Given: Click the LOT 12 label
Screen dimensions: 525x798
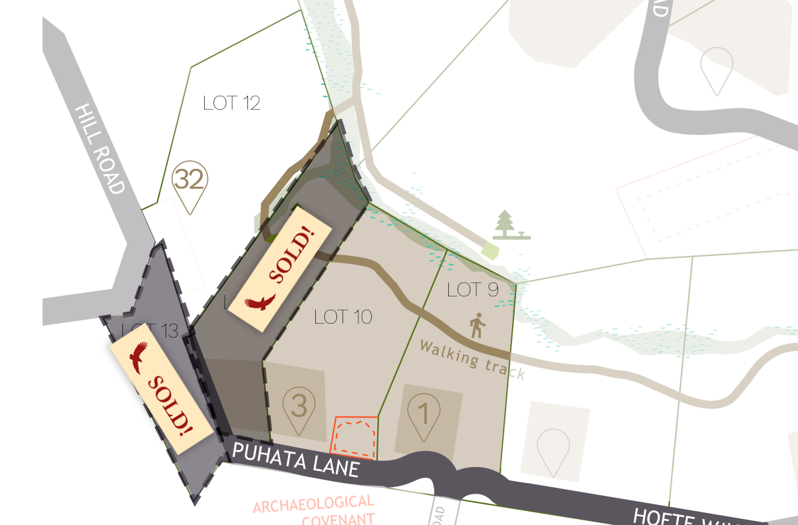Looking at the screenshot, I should point(231,103).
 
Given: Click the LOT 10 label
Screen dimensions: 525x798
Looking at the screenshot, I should point(342,316).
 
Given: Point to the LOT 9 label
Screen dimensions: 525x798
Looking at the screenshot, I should point(473,290).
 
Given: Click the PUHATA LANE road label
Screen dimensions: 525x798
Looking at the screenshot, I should point(296,459).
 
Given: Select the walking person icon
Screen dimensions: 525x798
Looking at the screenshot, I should point(477,326).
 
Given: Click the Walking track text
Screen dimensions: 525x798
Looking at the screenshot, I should point(472,360).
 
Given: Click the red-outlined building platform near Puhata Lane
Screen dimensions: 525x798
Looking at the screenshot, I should point(354,437).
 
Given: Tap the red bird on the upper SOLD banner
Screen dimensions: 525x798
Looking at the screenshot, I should point(259,303).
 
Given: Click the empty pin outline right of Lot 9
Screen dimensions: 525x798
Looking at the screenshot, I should point(553,451).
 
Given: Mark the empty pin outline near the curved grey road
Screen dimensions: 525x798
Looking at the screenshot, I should point(717,70).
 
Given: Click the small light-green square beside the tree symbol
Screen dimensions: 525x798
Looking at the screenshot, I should point(490,251).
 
